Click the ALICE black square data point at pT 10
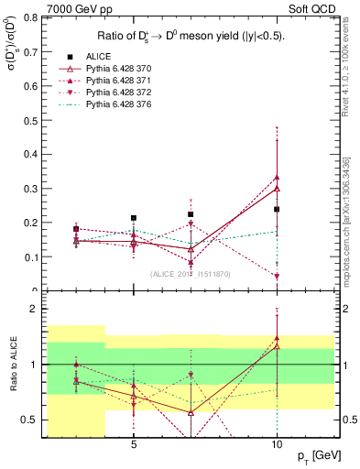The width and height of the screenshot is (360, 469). [277, 209]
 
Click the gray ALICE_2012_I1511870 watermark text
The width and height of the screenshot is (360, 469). [191, 274]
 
